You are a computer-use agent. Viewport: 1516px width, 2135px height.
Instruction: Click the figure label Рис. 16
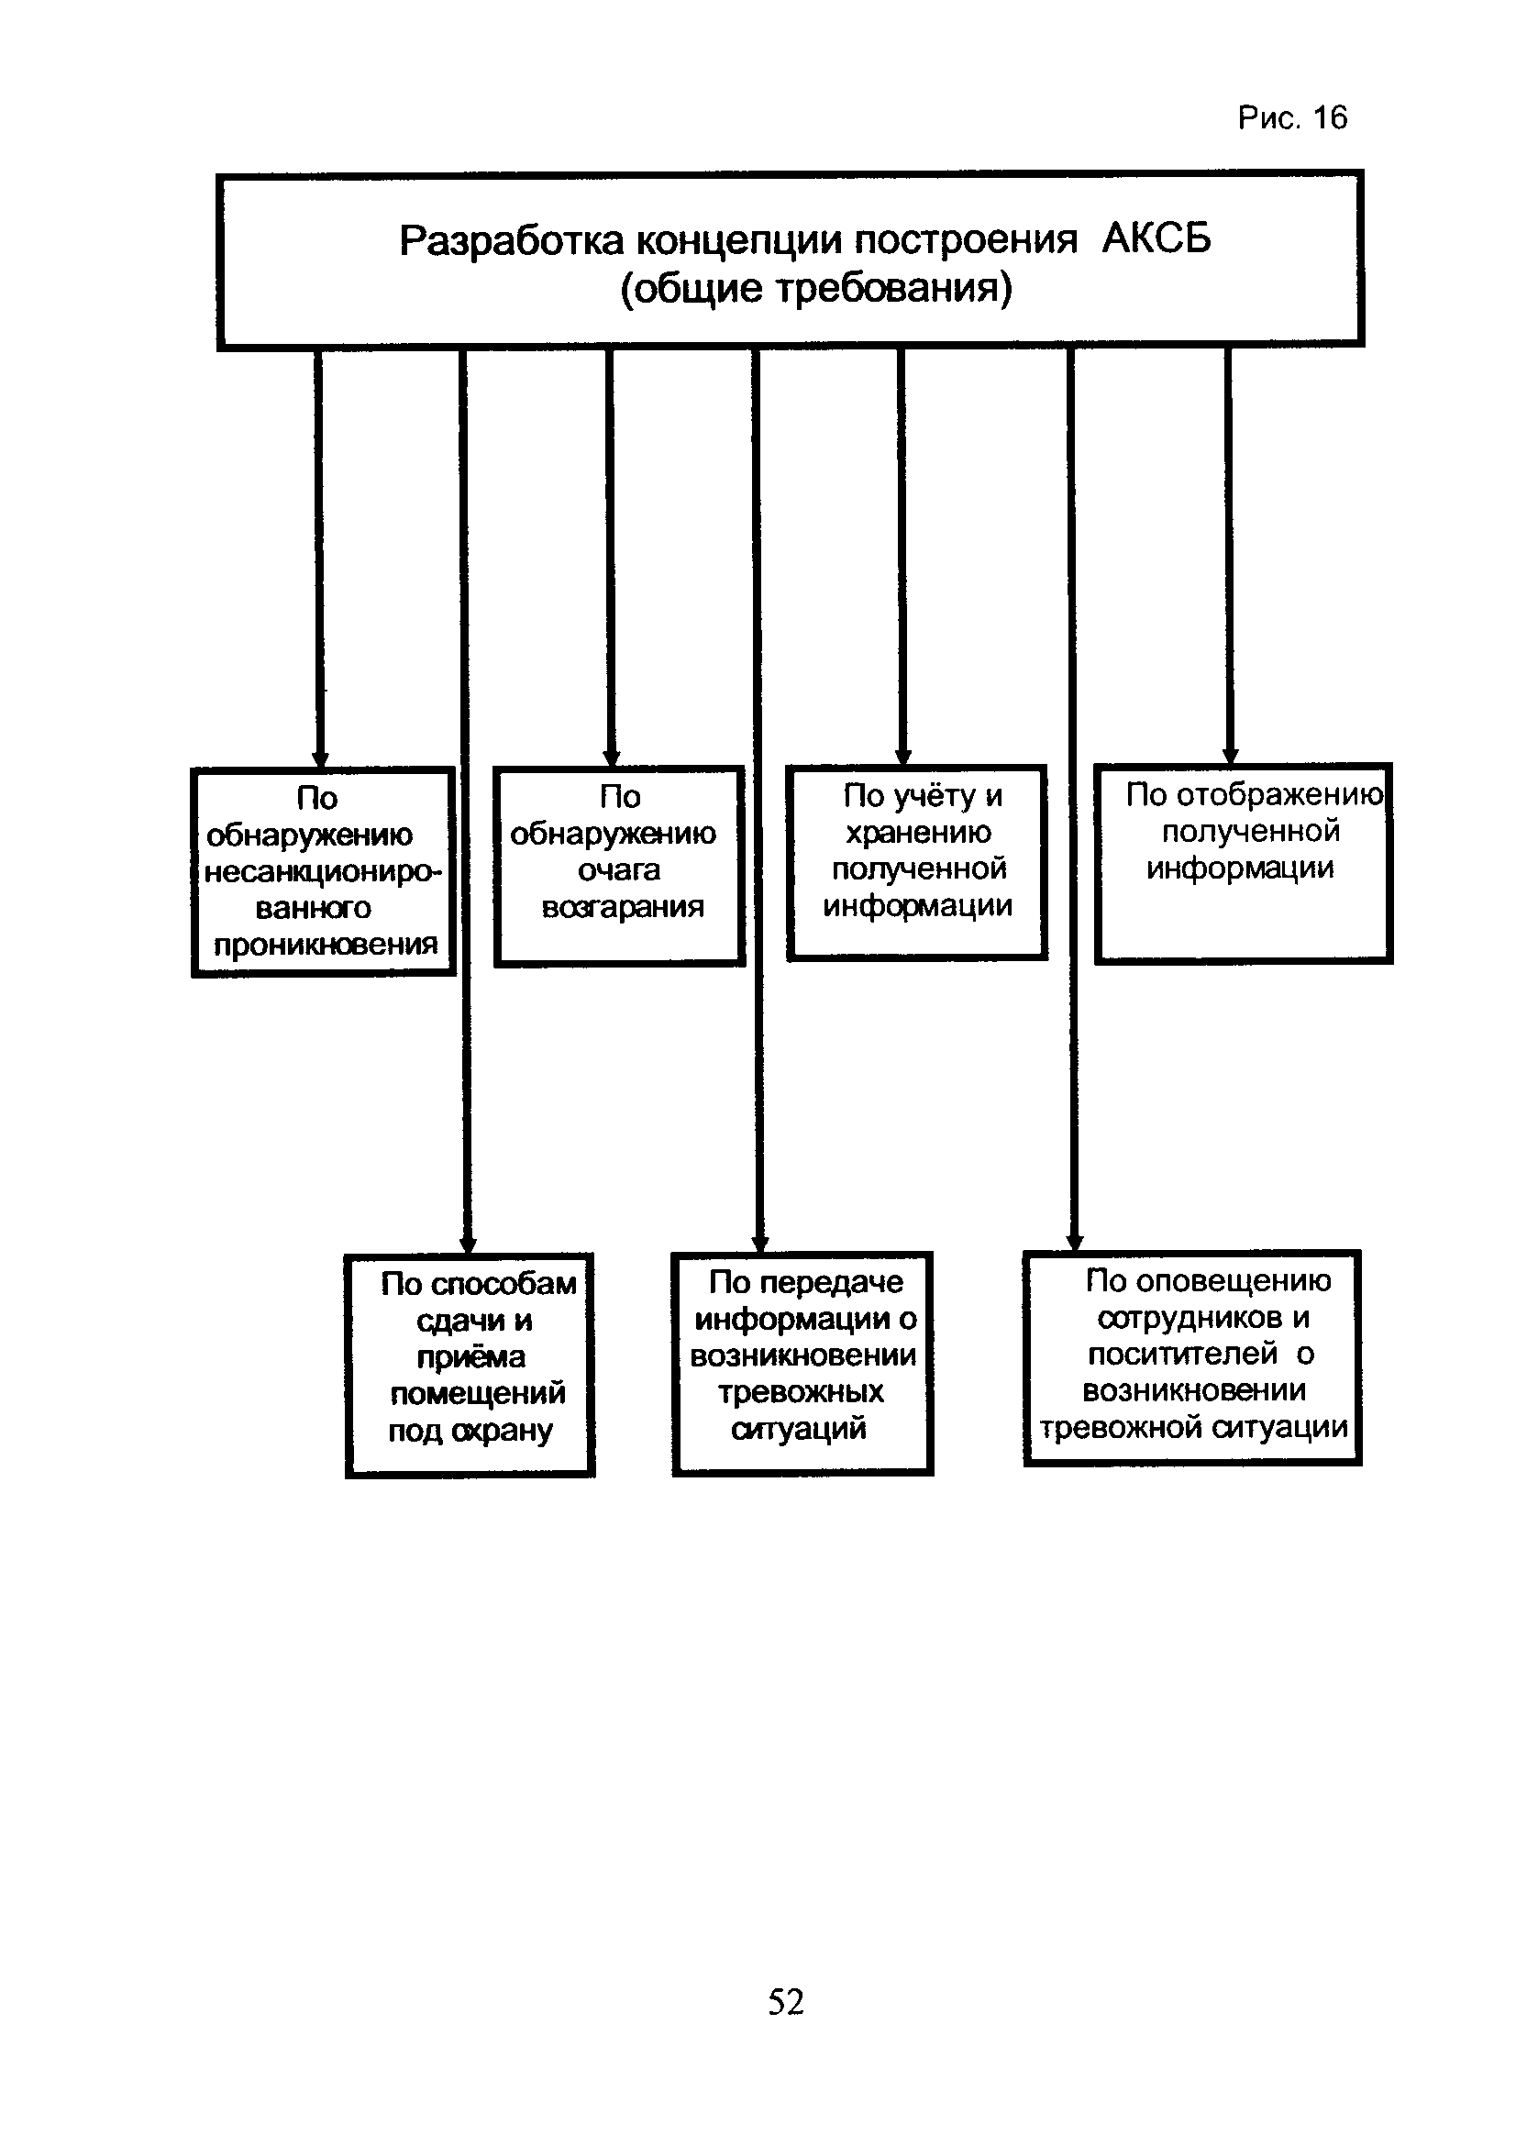(1292, 117)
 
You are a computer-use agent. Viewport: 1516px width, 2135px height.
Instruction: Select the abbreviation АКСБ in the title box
(1156, 239)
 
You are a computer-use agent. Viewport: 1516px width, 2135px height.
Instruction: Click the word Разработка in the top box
(512, 241)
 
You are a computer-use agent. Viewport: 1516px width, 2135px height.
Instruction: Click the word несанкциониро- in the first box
(323, 872)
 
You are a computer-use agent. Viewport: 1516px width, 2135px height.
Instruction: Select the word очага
(619, 870)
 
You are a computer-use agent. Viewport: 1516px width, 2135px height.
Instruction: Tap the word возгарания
(623, 906)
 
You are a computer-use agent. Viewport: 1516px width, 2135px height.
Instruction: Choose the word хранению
(919, 832)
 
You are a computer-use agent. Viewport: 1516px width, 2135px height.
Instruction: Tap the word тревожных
(801, 1392)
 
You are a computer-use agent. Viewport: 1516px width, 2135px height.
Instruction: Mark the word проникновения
(326, 946)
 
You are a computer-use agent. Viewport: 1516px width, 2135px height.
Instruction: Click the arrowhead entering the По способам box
(469, 1245)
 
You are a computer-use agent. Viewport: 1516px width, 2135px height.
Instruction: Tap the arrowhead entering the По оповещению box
(1075, 1243)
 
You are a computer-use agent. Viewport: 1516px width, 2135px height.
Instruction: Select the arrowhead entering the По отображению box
(1231, 757)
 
